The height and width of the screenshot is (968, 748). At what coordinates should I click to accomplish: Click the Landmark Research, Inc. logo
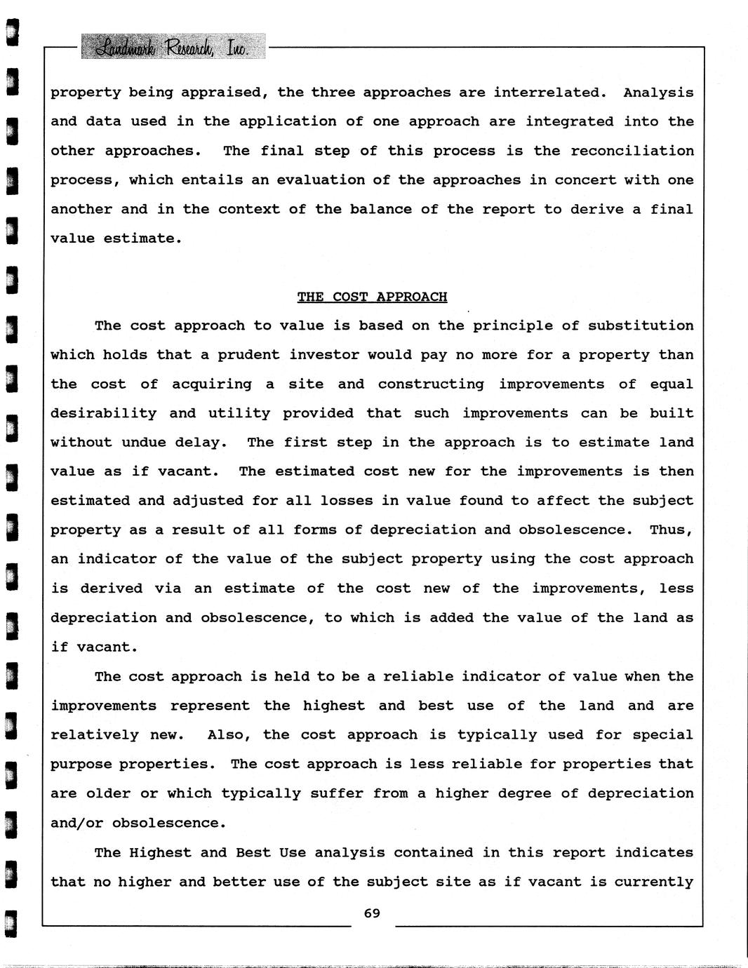click(173, 47)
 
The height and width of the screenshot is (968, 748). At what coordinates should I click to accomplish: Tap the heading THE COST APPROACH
click(372, 297)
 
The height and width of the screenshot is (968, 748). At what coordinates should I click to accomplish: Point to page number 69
click(372, 913)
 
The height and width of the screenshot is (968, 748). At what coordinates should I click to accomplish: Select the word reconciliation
click(632, 151)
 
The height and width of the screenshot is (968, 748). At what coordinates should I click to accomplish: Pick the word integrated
click(568, 121)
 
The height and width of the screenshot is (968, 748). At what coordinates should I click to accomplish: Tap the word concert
click(581, 180)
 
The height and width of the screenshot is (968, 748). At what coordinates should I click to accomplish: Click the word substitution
click(640, 326)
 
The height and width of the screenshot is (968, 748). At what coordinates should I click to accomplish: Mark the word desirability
click(103, 414)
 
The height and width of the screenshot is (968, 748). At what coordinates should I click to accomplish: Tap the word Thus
click(671, 530)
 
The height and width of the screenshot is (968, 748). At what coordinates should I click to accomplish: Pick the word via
click(168, 589)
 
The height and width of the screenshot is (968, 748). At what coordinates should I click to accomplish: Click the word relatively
click(95, 735)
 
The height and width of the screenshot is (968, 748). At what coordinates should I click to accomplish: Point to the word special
click(662, 735)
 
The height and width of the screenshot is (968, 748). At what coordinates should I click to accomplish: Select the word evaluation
click(321, 180)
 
